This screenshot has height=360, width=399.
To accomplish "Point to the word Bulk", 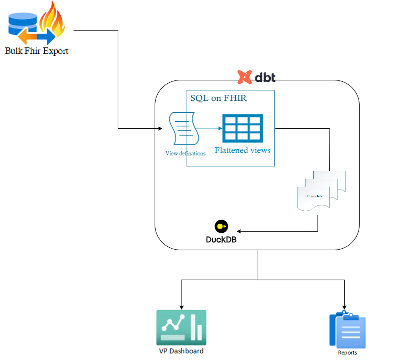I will [14, 51].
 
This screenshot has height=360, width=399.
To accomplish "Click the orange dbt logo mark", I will [244, 77].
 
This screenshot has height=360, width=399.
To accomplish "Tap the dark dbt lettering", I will [265, 78].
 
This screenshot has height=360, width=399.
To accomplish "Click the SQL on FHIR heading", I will [218, 98].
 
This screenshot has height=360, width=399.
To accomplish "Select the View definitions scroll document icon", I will [184, 129].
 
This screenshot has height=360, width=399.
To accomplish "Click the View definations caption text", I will [185, 153].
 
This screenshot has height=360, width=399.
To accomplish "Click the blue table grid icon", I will [242, 128].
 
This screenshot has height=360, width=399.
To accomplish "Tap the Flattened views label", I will [242, 150].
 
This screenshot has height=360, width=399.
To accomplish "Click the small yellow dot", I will [220, 226].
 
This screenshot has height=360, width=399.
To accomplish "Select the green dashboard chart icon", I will [181, 327].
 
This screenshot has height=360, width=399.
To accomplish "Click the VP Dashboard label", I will [181, 351].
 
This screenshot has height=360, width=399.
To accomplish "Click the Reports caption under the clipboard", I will [348, 353].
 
